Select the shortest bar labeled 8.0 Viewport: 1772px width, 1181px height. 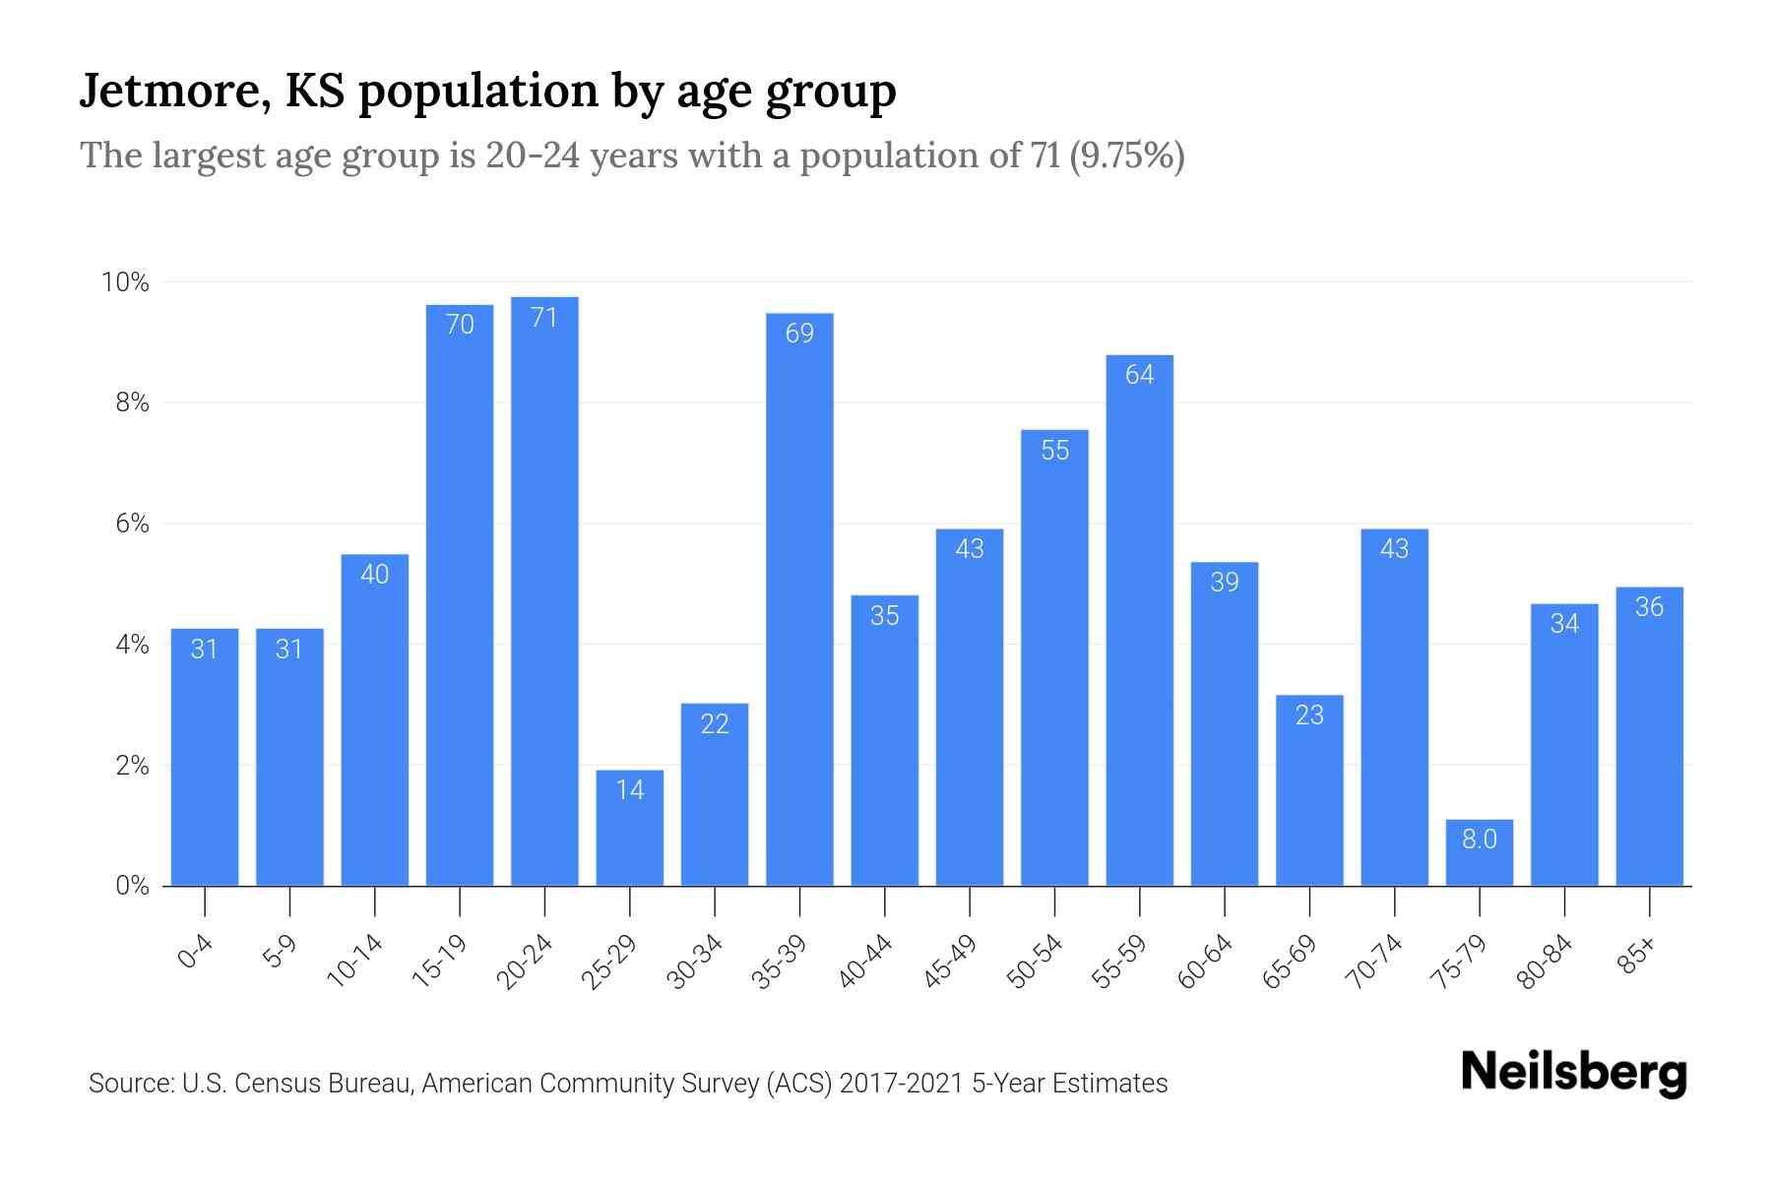pyautogui.click(x=1479, y=853)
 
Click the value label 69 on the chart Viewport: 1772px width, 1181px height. pyautogui.click(x=799, y=334)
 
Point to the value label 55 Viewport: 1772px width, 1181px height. pyautogui.click(x=1054, y=451)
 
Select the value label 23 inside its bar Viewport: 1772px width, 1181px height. pyautogui.click(x=1309, y=715)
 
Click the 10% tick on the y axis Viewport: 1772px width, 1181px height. pyautogui.click(x=125, y=283)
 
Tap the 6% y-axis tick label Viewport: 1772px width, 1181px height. pyautogui.click(x=132, y=525)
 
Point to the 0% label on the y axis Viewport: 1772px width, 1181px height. pyautogui.click(x=132, y=887)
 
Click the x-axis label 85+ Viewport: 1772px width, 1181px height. pyautogui.click(x=1637, y=956)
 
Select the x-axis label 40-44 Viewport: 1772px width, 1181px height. pyautogui.click(x=865, y=962)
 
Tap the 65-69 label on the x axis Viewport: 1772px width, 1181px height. pyautogui.click(x=1290, y=962)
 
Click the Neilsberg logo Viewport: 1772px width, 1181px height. pyautogui.click(x=1573, y=1073)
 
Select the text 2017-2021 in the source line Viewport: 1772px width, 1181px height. pyautogui.click(x=901, y=1084)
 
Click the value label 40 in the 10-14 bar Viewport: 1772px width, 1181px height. pyautogui.click(x=374, y=575)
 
